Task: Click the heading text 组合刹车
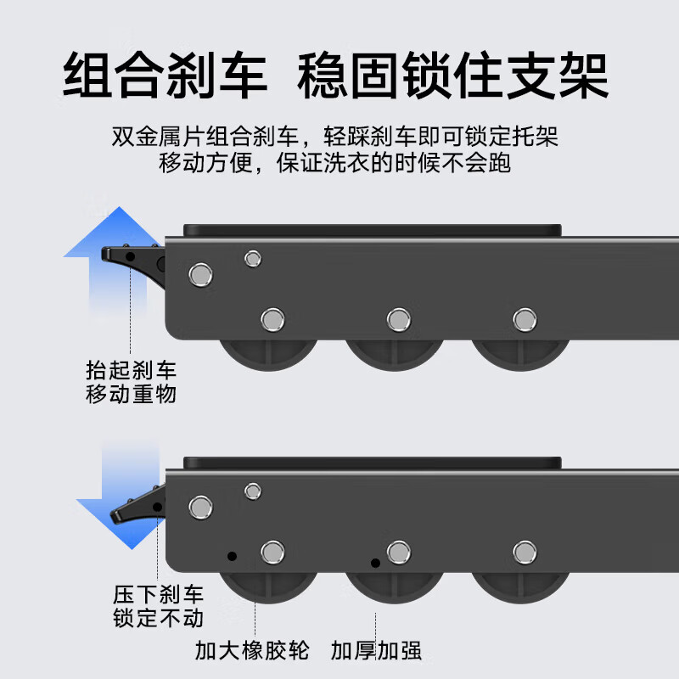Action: pyautogui.click(x=166, y=75)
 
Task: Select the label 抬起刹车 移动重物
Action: pyautogui.click(x=132, y=382)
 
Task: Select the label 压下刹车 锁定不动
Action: pyautogui.click(x=159, y=606)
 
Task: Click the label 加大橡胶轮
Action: pyautogui.click(x=252, y=651)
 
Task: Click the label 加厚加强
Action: pyautogui.click(x=377, y=651)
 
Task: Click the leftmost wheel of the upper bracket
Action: pyautogui.click(x=270, y=352)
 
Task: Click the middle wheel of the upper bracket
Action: pyautogui.click(x=396, y=352)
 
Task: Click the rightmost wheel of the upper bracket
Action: pyautogui.click(x=521, y=352)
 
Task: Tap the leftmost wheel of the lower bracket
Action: pyautogui.click(x=270, y=586)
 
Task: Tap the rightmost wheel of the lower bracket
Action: pyautogui.click(x=521, y=586)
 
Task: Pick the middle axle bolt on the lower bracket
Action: pyautogui.click(x=398, y=553)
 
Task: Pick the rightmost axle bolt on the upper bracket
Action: pyautogui.click(x=525, y=319)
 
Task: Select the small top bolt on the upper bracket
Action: pyautogui.click(x=252, y=258)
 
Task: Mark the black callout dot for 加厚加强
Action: pyautogui.click(x=375, y=563)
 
